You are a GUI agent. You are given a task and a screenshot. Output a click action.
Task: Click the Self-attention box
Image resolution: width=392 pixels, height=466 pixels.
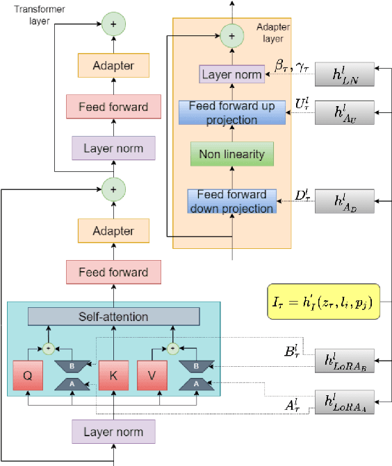tap(113, 317)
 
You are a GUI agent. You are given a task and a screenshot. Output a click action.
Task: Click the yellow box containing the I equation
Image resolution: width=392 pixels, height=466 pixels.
tap(324, 302)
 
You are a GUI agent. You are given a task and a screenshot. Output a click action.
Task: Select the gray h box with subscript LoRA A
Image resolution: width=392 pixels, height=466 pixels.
tap(344, 402)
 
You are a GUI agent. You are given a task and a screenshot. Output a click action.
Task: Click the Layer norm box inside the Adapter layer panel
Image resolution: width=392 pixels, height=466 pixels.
tap(231, 74)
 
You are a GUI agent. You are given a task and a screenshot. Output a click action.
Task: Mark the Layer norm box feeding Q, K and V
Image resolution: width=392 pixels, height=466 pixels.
tap(113, 432)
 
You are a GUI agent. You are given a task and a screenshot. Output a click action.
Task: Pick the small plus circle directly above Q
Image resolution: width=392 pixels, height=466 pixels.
tap(49, 347)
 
